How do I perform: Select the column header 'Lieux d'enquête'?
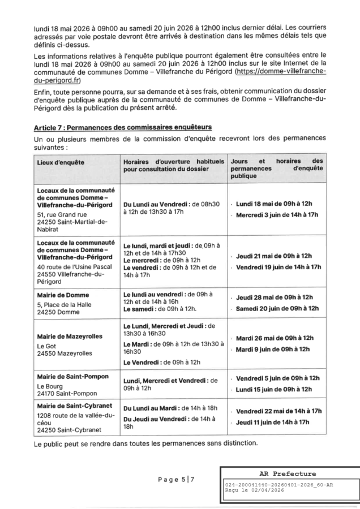61,162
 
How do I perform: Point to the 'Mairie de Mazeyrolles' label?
70,336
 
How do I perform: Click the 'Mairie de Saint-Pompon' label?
72,376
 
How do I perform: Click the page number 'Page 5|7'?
176,480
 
